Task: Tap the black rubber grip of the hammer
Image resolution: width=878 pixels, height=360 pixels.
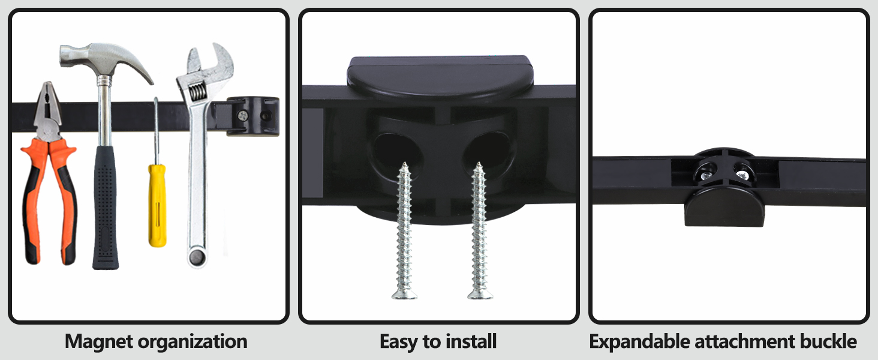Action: point(106,204)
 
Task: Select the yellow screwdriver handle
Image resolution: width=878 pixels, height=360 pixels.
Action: point(157,204)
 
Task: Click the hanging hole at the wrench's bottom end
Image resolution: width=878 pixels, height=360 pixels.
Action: point(196,257)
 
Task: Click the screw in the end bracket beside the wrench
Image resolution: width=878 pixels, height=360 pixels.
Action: point(242,116)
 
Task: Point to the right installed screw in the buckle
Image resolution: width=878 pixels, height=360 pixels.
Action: point(742,175)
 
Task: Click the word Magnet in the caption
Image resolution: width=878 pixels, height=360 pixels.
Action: point(99,342)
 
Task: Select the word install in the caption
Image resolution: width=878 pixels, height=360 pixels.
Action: point(471,342)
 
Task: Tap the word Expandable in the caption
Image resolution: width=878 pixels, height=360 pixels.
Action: point(639,342)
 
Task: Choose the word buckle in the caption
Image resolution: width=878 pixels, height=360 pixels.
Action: point(828,342)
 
